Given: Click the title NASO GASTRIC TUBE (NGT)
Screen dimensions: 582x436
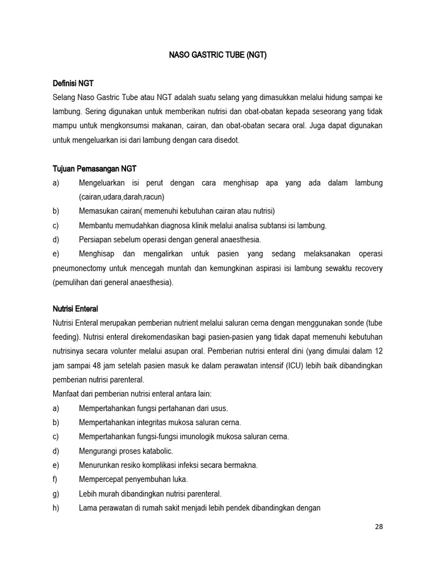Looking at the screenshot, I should pos(218,56).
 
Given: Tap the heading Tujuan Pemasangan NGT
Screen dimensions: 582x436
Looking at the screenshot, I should pos(94,169).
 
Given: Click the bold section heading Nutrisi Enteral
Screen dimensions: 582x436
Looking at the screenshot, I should pos(75,309).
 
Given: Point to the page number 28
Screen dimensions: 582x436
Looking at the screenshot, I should pos(379,526).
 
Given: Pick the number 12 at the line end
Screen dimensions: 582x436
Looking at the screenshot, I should pos(378,351).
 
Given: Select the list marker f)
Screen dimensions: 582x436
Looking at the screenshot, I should pos(55,479).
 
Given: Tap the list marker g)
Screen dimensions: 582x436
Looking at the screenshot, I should pos(56,493).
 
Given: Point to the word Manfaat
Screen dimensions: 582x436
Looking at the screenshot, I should pos(66,394).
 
